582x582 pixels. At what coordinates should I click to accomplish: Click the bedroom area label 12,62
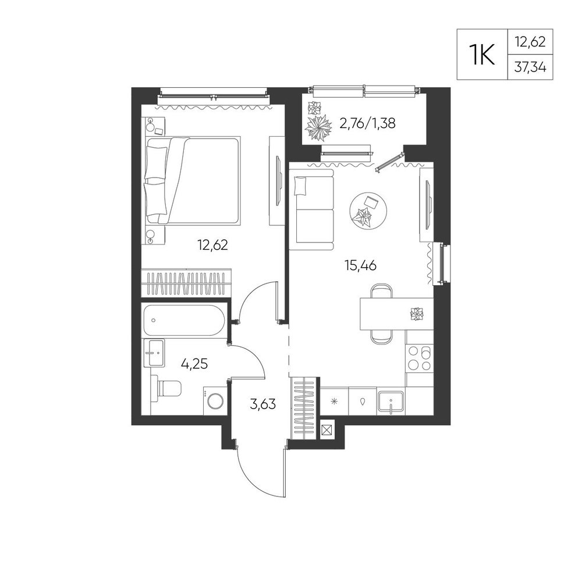(212, 245)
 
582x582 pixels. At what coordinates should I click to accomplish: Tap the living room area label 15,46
(360, 265)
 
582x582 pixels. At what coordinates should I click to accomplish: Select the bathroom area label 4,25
(194, 364)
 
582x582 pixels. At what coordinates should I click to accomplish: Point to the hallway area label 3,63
(263, 403)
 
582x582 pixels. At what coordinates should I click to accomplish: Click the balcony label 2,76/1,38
(367, 123)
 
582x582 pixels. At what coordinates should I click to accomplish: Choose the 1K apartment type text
(482, 55)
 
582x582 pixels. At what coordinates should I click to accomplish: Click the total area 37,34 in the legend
(530, 68)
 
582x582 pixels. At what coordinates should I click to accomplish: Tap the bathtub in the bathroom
(184, 320)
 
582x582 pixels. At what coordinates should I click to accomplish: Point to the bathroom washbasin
(154, 353)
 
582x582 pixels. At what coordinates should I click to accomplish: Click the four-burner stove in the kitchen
(420, 358)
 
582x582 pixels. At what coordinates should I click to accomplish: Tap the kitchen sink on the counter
(391, 401)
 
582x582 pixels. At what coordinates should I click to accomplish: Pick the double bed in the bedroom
(192, 180)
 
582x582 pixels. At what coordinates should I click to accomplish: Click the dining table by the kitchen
(396, 314)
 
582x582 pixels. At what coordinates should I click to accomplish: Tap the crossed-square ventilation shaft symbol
(327, 430)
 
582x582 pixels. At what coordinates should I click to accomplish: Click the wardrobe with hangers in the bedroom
(186, 282)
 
